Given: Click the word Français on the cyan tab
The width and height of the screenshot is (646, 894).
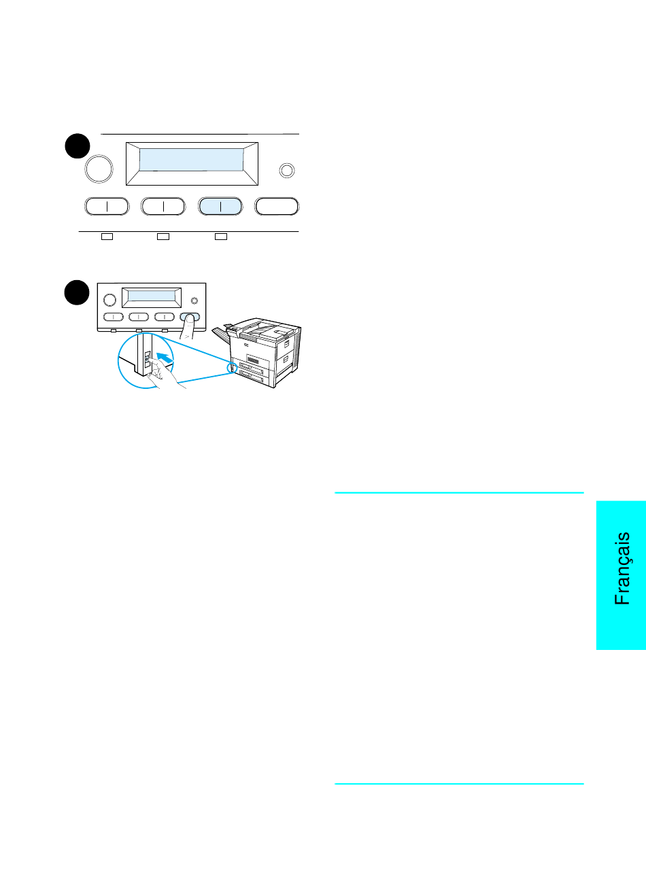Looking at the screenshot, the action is [622, 568].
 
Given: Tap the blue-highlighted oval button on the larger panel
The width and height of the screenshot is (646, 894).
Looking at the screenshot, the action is [220, 207].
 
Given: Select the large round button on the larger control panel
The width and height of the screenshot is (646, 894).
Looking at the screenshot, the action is [99, 169].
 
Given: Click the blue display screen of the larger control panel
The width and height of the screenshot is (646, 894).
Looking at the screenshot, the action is [191, 160].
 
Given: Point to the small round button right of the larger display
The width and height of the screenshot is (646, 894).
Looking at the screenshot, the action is [287, 171].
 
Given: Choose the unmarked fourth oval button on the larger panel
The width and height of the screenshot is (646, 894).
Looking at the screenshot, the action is [277, 207].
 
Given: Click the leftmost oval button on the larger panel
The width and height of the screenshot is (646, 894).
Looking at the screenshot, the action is [107, 207].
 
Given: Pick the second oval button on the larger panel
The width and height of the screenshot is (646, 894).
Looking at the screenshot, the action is [163, 207].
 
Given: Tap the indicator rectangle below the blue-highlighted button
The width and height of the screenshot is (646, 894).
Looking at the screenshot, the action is [221, 237].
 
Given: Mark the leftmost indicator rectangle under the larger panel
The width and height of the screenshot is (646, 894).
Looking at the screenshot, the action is [107, 237].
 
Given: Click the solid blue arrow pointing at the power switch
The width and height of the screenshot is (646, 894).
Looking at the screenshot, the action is [165, 358].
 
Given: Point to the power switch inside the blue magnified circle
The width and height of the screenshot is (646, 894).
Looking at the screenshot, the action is [147, 359].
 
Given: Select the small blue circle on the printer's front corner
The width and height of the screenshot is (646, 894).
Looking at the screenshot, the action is [232, 367].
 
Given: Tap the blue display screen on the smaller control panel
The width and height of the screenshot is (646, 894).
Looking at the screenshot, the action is [152, 296].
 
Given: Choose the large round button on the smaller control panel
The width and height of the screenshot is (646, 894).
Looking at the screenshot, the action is [109, 300].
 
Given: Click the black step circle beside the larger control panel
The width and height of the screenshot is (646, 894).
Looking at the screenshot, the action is [78, 146].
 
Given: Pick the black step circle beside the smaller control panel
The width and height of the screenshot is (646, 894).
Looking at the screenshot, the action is [77, 292].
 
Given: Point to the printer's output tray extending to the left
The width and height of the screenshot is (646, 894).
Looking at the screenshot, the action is [221, 334].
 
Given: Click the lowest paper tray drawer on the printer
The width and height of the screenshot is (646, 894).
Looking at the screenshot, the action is [252, 377].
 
